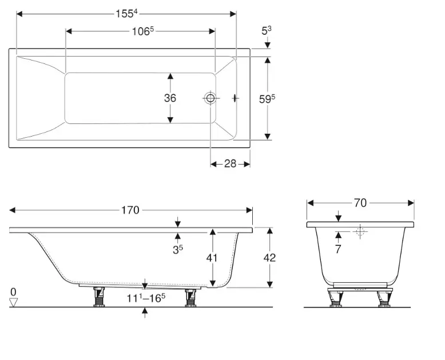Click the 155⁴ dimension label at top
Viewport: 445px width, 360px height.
click(126, 13)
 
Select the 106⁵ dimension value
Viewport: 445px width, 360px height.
click(143, 31)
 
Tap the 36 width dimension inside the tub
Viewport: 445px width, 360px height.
click(170, 98)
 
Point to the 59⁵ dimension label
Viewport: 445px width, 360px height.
click(267, 99)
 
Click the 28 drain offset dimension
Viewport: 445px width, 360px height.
click(230, 163)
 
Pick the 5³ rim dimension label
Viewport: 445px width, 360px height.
click(266, 30)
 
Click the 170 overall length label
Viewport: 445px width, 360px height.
click(130, 210)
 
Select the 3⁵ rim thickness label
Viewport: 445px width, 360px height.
click(178, 249)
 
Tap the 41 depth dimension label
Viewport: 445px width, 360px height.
click(212, 258)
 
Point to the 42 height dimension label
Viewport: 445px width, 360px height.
click(269, 258)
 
